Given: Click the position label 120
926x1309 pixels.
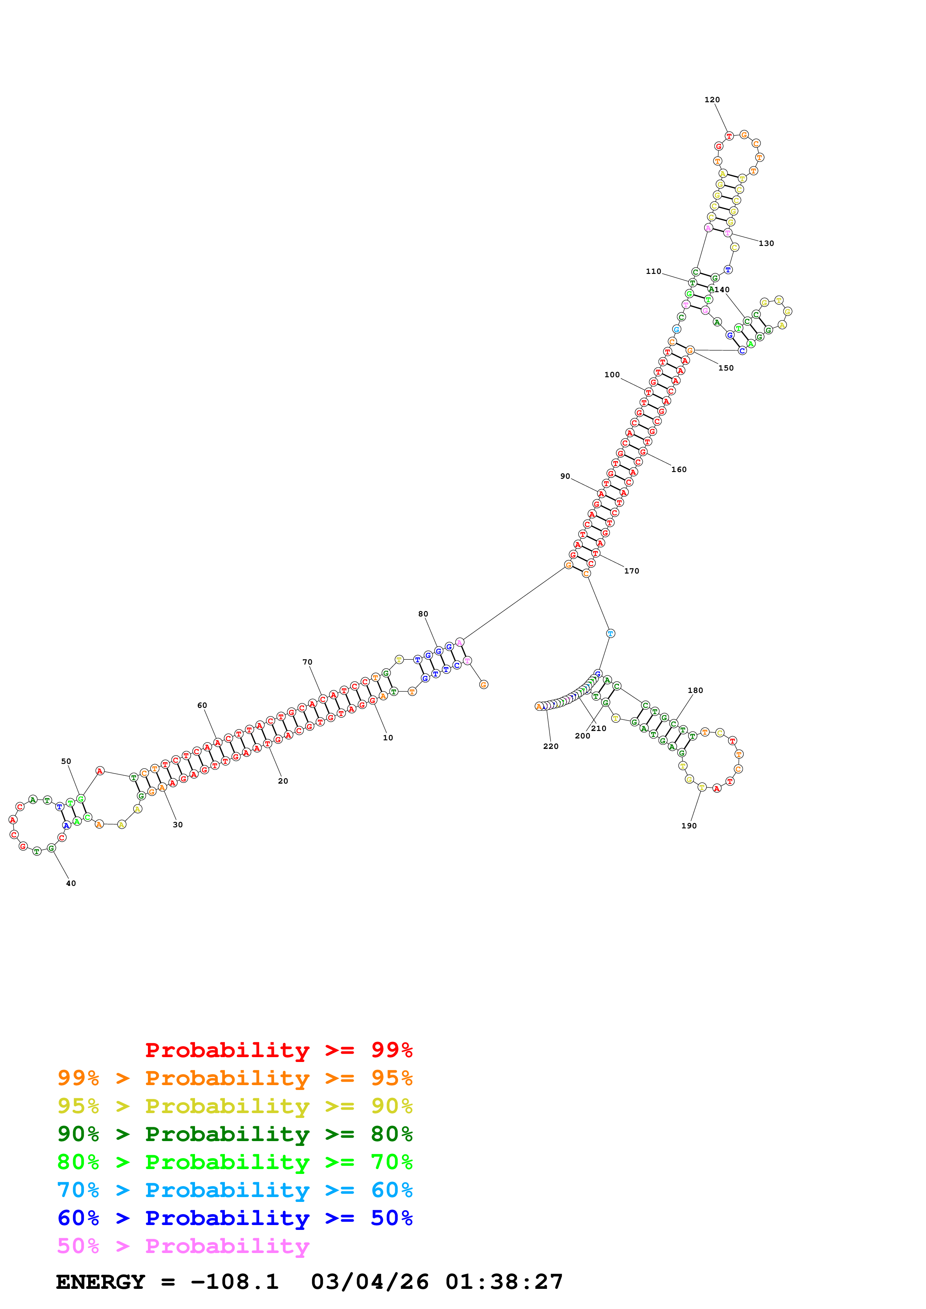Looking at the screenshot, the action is pyautogui.click(x=712, y=100).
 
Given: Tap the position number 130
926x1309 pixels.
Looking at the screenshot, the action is pyautogui.click(x=766, y=243).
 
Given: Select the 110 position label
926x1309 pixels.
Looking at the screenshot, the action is pyautogui.click(x=653, y=271).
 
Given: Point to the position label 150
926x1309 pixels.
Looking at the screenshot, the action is pyautogui.click(x=726, y=368).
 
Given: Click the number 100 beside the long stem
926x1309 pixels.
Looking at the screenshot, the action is pyautogui.click(x=611, y=375).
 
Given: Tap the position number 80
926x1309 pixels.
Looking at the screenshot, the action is pyautogui.click(x=423, y=614).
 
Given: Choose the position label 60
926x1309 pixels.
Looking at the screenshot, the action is pyautogui.click(x=202, y=705).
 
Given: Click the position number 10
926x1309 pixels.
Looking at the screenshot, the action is pyautogui.click(x=388, y=738).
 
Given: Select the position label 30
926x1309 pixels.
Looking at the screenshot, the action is pyautogui.click(x=178, y=824).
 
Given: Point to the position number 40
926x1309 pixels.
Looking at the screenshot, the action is pyautogui.click(x=71, y=883).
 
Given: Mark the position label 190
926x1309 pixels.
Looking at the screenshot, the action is pyautogui.click(x=689, y=825).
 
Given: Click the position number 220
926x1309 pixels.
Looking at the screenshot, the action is pyautogui.click(x=551, y=746).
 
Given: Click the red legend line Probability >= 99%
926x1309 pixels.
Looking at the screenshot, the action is pyautogui.click(x=278, y=1050).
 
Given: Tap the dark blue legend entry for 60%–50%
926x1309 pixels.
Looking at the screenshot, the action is pyautogui.click(x=235, y=1218).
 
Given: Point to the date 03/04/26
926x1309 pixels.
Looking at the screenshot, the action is pyautogui.click(x=370, y=1282).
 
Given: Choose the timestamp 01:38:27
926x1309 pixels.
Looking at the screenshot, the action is pyautogui.click(x=504, y=1282).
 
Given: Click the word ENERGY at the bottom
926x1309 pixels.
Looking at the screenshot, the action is pyautogui.click(x=100, y=1282).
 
